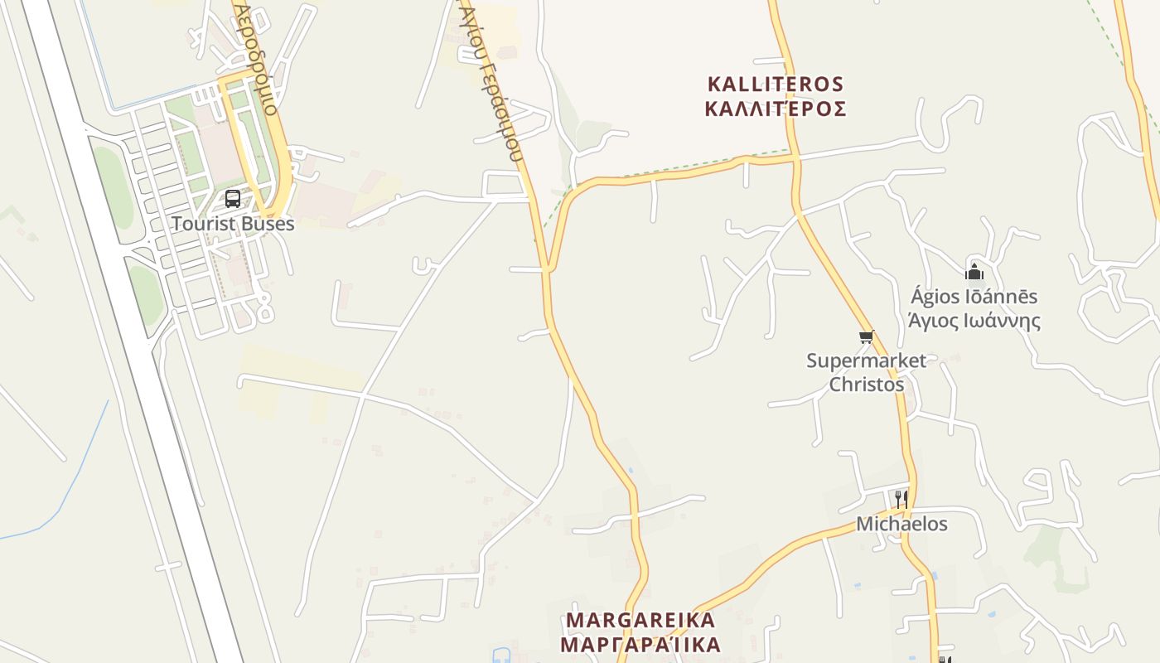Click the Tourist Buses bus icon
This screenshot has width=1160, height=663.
click(233, 199)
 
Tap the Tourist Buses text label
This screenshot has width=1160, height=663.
click(233, 224)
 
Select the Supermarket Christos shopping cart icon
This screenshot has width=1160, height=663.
click(866, 336)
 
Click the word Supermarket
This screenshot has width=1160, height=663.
click(866, 361)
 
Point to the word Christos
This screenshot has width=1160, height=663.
click(867, 385)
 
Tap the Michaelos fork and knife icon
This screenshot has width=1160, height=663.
click(901, 499)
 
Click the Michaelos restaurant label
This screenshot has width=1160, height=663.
click(901, 524)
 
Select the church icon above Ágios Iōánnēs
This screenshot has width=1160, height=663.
click(974, 272)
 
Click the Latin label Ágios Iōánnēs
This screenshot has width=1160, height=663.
click(974, 297)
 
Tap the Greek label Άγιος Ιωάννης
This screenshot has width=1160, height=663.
click(974, 321)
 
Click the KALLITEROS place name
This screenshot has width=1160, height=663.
click(776, 85)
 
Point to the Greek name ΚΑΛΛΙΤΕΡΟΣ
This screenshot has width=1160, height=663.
click(776, 109)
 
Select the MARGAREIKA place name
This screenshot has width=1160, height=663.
click(640, 620)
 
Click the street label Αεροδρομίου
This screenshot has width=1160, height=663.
click(256, 54)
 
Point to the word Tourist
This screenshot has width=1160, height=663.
click(200, 224)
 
